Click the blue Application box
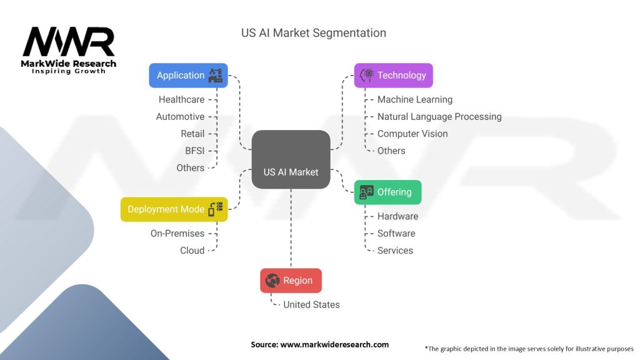click(x=188, y=76)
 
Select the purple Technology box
click(x=394, y=76)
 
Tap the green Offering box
click(x=387, y=192)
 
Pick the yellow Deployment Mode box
click(x=174, y=209)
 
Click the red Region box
click(x=291, y=281)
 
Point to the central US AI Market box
click(x=291, y=159)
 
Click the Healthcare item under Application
click(x=182, y=99)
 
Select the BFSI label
click(x=195, y=151)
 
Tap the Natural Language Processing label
click(x=439, y=117)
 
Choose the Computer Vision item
click(x=412, y=134)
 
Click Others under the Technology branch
click(x=391, y=151)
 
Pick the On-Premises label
click(x=177, y=234)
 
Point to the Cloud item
click(x=192, y=251)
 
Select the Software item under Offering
click(x=396, y=234)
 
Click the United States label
click(x=311, y=304)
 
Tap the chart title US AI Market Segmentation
click(x=314, y=33)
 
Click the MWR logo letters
click(x=69, y=42)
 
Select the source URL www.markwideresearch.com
click(x=334, y=344)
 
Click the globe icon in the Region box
click(x=272, y=281)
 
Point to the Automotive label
click(x=181, y=117)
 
